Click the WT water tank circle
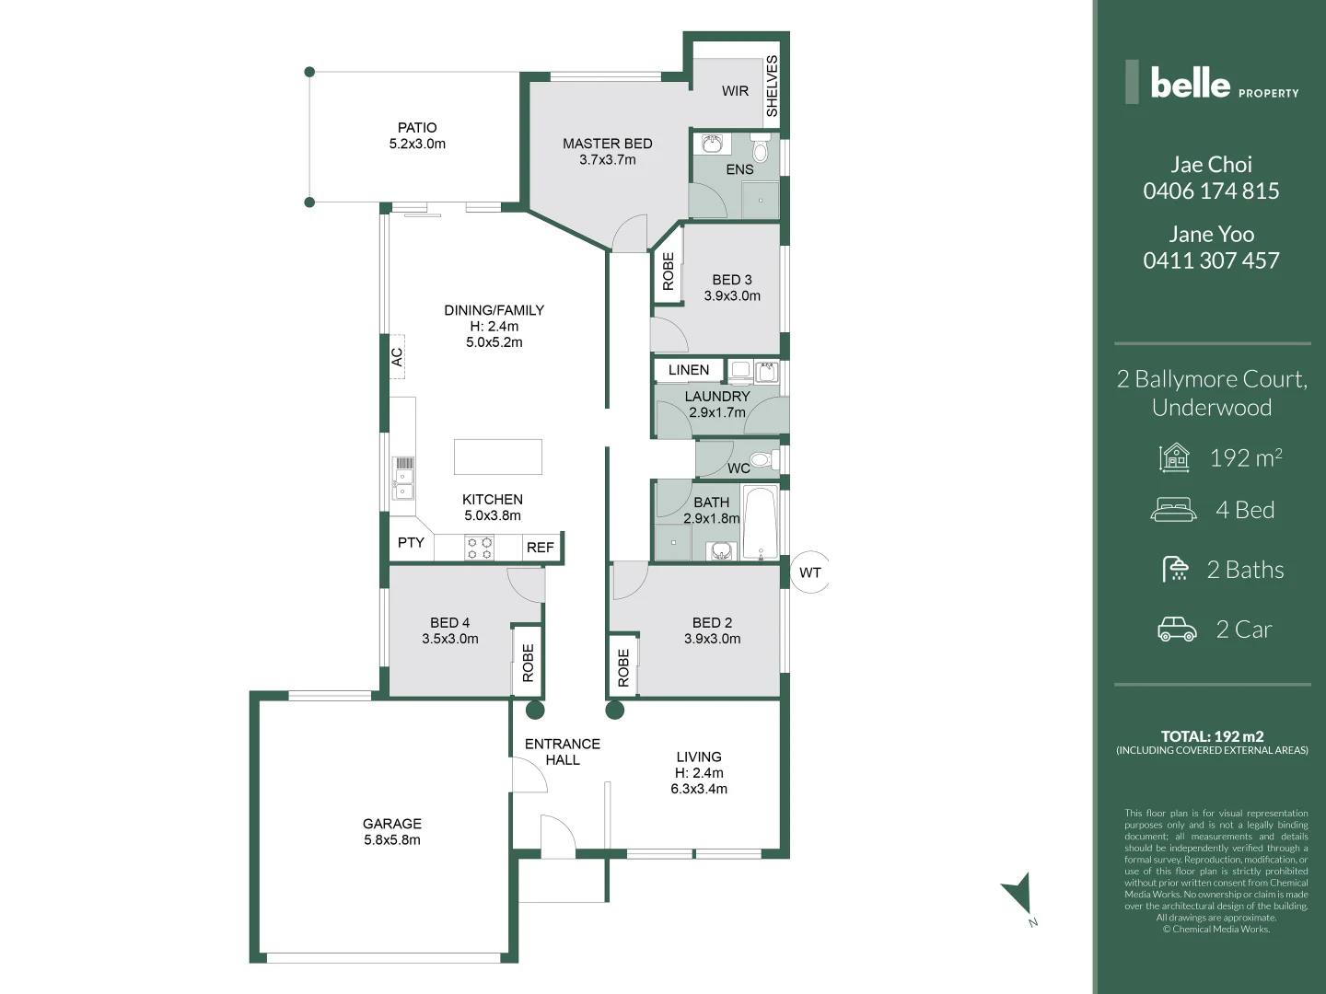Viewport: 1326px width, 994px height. click(809, 572)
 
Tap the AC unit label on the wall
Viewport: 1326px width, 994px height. click(397, 357)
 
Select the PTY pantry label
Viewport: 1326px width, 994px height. click(411, 543)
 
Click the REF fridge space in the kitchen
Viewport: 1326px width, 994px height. click(541, 548)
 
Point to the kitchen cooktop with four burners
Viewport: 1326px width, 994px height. click(479, 549)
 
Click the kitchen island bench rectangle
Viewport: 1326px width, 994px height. click(497, 457)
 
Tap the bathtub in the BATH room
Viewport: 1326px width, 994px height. click(761, 522)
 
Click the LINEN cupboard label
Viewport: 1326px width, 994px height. click(689, 370)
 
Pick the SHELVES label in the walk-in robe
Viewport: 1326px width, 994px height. click(772, 86)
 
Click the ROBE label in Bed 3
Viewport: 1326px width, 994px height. click(668, 272)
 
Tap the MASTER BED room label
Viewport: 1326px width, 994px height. click(607, 144)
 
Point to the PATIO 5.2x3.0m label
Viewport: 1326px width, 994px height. click(417, 136)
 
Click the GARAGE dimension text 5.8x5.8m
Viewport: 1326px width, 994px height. click(392, 840)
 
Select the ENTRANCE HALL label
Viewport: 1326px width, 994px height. click(562, 752)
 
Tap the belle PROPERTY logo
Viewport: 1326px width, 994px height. click(1211, 83)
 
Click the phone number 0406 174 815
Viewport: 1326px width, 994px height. click(1211, 191)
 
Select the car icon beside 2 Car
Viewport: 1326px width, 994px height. click(1176, 630)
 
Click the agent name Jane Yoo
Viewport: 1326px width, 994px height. click(1211, 235)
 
